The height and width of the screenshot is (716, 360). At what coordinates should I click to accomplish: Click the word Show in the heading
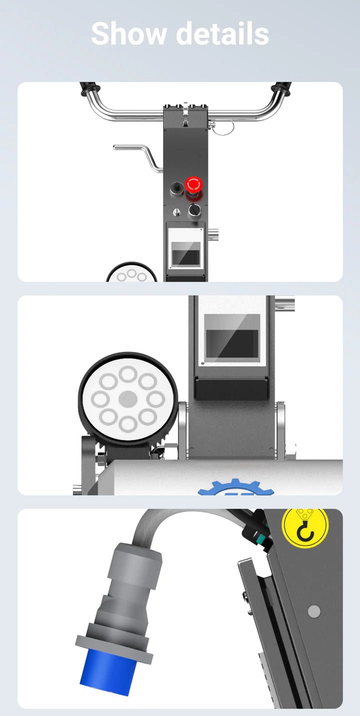(x=128, y=34)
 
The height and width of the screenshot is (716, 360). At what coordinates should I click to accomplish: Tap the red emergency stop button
(x=193, y=185)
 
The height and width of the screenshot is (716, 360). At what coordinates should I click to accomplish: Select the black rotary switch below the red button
(x=194, y=210)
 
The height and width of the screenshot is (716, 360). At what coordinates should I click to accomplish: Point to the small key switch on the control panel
(x=176, y=212)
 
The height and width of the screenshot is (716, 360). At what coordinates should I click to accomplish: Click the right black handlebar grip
(x=281, y=89)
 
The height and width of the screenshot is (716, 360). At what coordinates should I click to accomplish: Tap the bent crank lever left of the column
(x=137, y=157)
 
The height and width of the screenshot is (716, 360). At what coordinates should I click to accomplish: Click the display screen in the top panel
(x=186, y=254)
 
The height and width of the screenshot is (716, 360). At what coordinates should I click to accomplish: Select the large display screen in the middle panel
(x=232, y=336)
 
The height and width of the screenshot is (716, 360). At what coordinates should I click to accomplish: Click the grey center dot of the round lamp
(x=128, y=399)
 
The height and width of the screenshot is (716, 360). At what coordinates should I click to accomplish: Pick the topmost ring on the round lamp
(x=128, y=374)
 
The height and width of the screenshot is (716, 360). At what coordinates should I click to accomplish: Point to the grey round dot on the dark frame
(x=313, y=611)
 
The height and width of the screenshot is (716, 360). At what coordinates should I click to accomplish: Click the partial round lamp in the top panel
(x=131, y=272)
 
